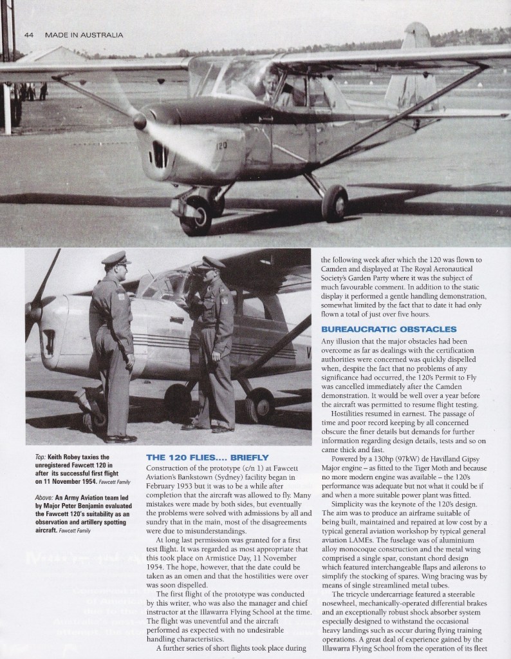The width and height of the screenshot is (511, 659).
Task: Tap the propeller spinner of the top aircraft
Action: [x=140, y=120]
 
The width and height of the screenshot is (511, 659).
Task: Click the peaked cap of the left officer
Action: [x=116, y=259]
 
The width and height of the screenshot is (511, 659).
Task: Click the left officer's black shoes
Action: [x=120, y=439]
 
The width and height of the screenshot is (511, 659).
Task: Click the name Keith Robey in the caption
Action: [x=65, y=457]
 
